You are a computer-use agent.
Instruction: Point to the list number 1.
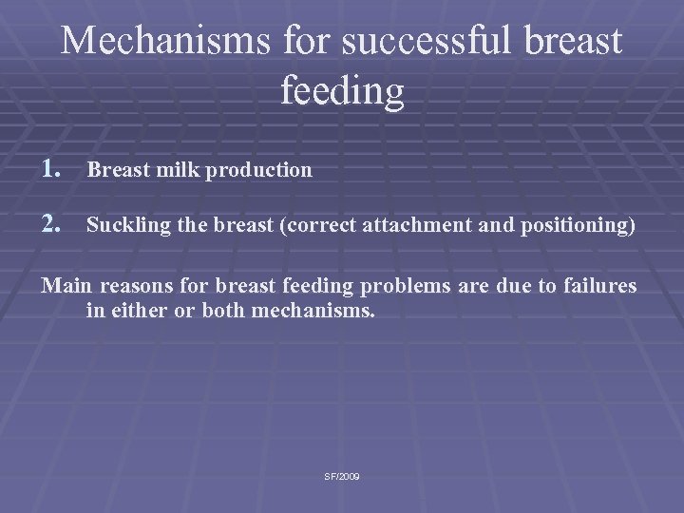click(x=52, y=169)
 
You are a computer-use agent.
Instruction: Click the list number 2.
click(x=52, y=226)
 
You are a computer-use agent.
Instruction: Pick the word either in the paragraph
click(x=142, y=310)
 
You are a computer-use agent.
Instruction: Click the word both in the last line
click(x=224, y=310)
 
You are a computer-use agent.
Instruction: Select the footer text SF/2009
click(x=341, y=476)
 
